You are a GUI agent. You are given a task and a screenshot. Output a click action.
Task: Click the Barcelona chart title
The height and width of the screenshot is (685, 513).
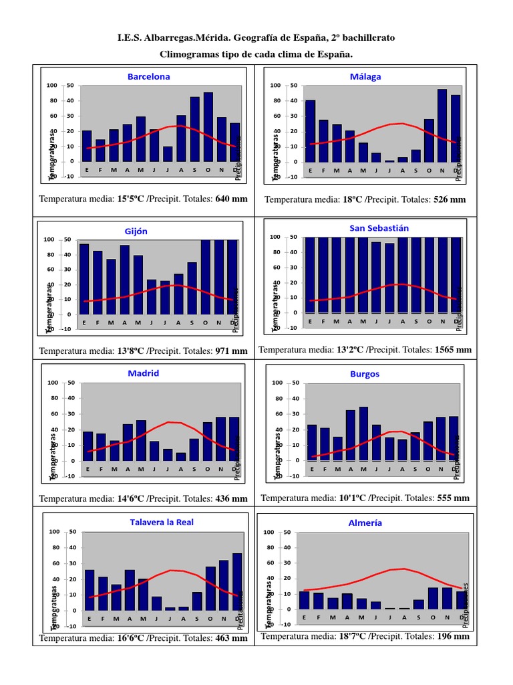click(148, 76)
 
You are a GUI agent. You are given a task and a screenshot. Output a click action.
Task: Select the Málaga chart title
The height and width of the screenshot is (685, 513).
click(365, 76)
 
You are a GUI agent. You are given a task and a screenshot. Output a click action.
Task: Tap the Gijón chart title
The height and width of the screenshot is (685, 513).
click(136, 231)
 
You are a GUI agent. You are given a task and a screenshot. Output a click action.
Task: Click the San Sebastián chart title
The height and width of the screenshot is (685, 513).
click(379, 228)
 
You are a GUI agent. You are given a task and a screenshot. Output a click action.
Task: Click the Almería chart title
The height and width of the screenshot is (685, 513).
click(365, 523)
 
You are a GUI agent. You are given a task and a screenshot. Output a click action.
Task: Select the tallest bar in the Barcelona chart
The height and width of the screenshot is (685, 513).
click(208, 127)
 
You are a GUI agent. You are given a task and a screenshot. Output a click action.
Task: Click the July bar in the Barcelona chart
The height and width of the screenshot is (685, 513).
click(168, 154)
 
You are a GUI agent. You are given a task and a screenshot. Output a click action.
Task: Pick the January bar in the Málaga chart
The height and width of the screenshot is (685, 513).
click(310, 131)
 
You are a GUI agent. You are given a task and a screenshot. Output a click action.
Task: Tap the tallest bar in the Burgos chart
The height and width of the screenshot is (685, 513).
click(363, 433)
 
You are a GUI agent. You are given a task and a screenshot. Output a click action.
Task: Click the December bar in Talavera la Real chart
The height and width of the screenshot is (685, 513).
click(237, 582)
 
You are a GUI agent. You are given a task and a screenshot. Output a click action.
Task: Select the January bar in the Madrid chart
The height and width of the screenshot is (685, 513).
click(88, 446)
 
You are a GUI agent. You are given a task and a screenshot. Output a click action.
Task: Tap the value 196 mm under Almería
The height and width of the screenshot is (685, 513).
click(454, 636)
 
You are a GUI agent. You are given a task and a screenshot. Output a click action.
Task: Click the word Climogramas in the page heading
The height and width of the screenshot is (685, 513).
click(189, 54)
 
